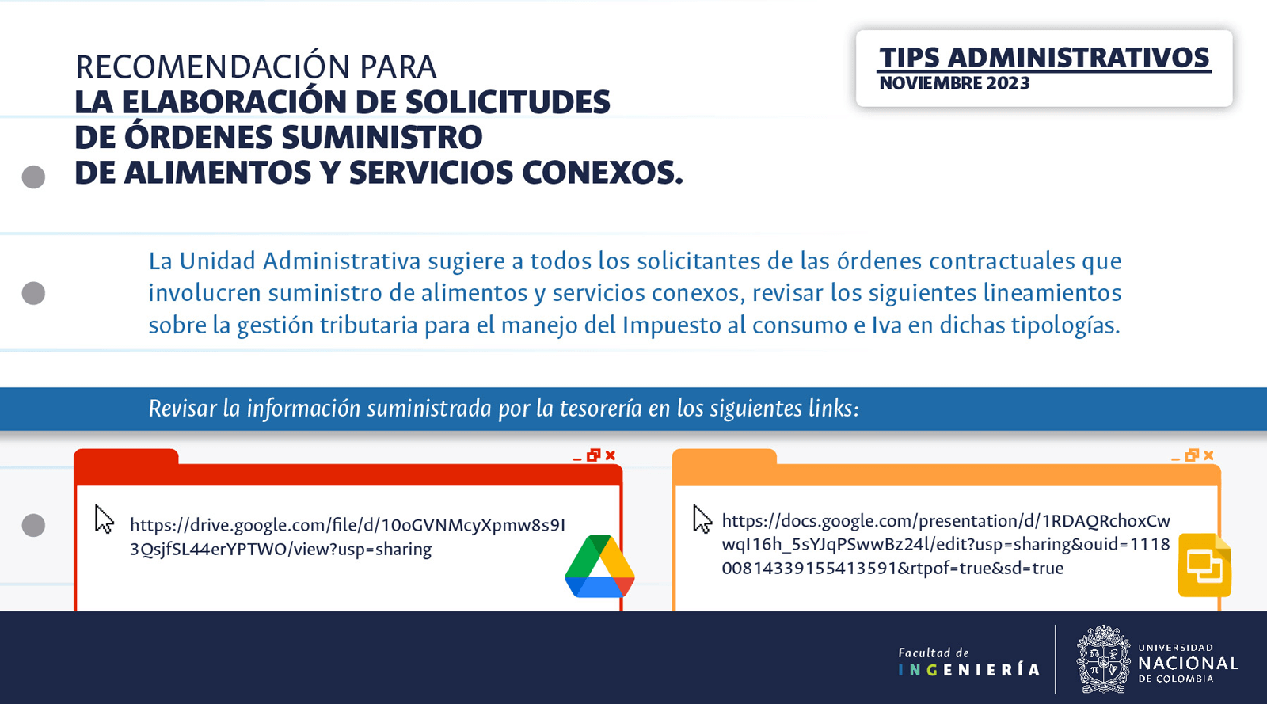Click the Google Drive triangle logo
click(599, 566)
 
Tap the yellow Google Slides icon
click(1204, 565)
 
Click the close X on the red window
click(611, 455)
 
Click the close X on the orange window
click(1208, 455)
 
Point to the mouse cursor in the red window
click(104, 519)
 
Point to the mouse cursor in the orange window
click(702, 519)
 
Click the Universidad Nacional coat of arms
click(1104, 660)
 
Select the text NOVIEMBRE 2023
click(955, 83)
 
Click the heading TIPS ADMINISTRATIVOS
click(1044, 58)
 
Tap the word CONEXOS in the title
click(602, 173)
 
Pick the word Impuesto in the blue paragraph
click(671, 325)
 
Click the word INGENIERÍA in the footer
click(969, 670)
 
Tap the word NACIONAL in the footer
click(1188, 664)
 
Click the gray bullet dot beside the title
click(33, 177)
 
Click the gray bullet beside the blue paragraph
click(33, 293)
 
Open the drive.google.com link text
click(348, 537)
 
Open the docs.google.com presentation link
click(945, 544)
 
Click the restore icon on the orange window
click(1192, 455)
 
